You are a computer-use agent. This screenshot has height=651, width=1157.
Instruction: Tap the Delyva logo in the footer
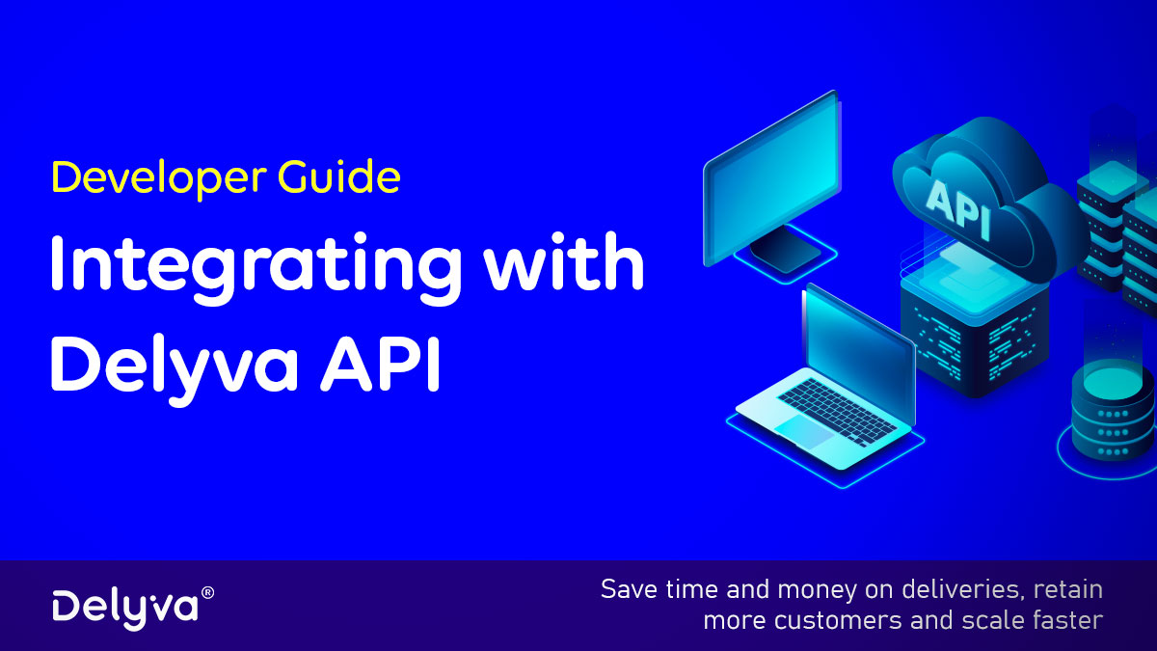(x=124, y=606)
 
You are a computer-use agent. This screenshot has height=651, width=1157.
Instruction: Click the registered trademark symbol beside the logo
(x=206, y=591)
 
